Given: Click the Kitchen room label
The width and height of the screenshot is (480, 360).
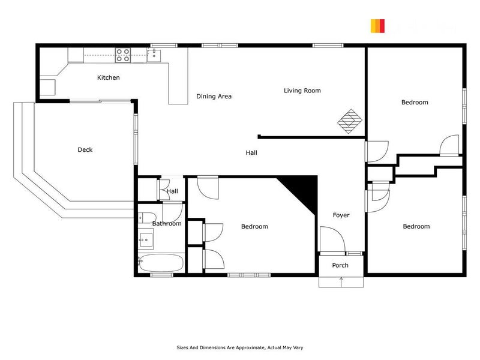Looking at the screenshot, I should [x=109, y=77].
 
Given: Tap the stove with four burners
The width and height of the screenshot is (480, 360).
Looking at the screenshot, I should [x=123, y=55].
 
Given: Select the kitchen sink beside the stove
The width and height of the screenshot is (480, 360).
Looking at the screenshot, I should [x=154, y=56].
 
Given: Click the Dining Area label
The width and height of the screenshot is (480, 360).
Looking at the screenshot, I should [x=214, y=96].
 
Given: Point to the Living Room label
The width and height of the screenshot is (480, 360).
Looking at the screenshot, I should [x=302, y=91].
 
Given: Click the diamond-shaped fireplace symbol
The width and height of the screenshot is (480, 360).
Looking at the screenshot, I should [x=349, y=121].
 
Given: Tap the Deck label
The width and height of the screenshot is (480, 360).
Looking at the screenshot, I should [x=85, y=150].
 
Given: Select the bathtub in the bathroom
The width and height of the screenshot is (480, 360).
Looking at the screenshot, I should [x=161, y=262].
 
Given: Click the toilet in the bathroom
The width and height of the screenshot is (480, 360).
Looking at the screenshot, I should [x=148, y=217].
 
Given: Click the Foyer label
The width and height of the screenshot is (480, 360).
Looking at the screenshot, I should [x=341, y=215].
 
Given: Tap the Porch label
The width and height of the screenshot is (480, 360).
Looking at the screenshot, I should [x=340, y=265].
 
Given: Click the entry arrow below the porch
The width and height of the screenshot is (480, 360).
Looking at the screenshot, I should [x=341, y=279].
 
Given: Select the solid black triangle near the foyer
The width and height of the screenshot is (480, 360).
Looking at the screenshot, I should [x=304, y=189].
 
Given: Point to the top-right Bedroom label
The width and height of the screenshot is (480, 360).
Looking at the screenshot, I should [x=415, y=103].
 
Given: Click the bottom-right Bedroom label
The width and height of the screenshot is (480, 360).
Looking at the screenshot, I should [x=416, y=226].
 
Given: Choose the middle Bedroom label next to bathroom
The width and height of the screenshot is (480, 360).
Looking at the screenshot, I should [x=254, y=226].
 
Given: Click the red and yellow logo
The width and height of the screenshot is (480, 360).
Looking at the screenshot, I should [x=377, y=26].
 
